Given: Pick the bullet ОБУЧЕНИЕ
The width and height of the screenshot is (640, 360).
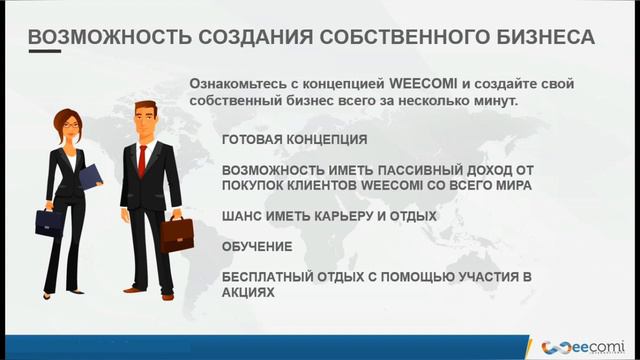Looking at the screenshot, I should (x=257, y=245).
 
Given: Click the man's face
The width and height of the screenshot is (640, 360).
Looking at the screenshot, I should (x=144, y=112).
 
